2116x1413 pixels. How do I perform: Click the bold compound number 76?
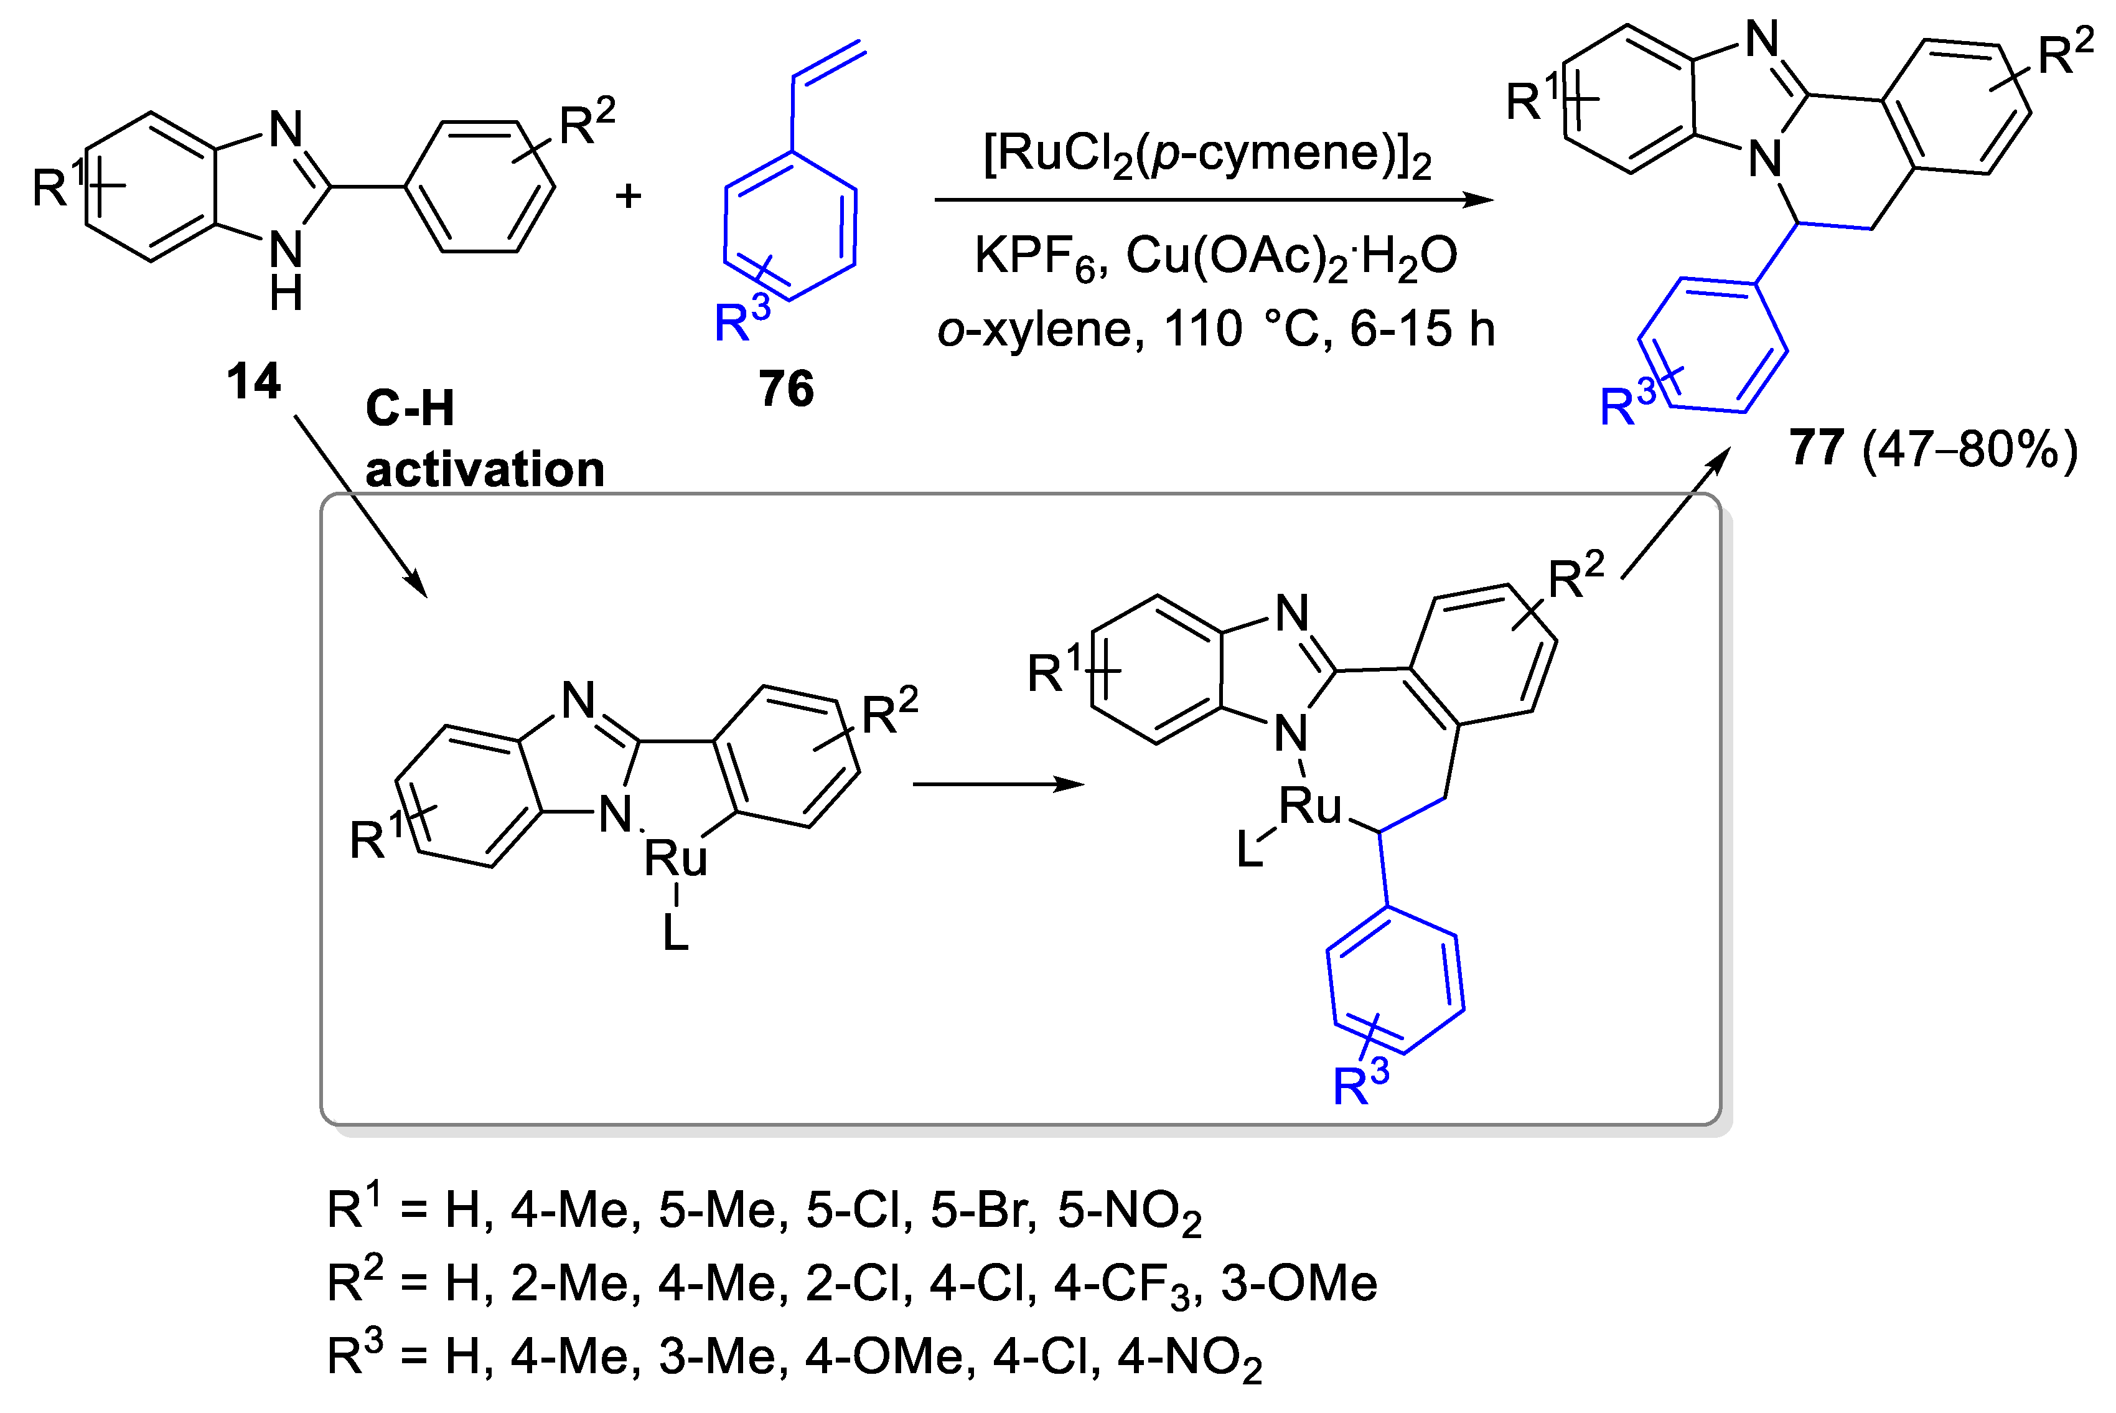[785, 388]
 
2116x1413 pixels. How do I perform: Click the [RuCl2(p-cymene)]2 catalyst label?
[1207, 155]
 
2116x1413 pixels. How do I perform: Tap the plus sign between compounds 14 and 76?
[628, 195]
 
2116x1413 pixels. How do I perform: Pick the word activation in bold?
[485, 471]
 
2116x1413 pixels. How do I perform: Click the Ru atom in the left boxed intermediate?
[676, 857]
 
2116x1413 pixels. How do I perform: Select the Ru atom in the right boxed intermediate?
[1311, 805]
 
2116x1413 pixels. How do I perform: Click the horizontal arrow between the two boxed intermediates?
[998, 784]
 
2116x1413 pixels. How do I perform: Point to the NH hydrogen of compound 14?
[286, 294]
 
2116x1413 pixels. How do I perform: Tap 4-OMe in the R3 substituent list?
[884, 1356]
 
